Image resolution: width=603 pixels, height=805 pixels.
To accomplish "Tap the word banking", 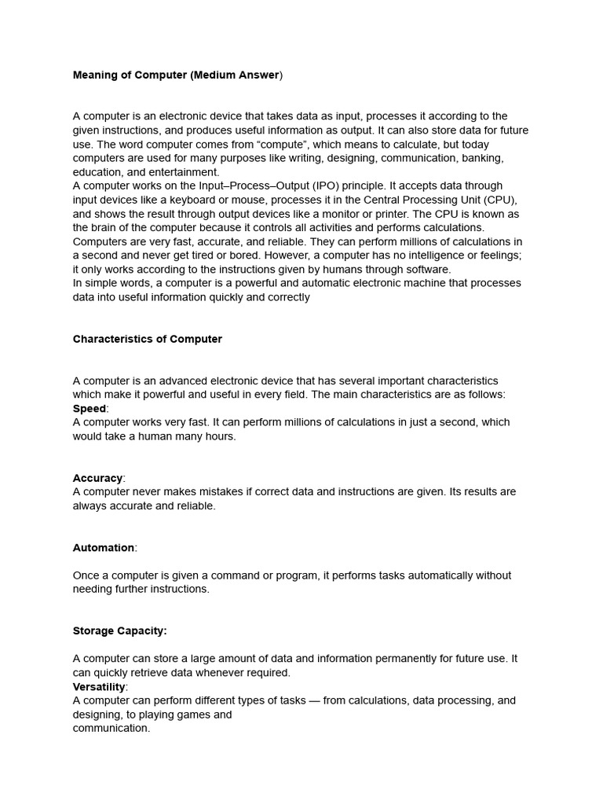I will tap(481, 158).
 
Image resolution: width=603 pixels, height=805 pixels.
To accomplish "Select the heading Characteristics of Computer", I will tap(148, 339).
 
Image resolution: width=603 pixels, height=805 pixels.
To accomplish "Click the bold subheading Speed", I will tap(90, 409).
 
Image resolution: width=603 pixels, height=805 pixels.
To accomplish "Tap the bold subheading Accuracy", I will tap(98, 478).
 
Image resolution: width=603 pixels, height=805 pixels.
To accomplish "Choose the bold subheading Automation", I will tap(104, 547).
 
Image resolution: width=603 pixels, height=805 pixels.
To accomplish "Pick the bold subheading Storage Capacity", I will tap(120, 630).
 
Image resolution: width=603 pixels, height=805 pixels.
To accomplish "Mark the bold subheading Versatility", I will tap(99, 686).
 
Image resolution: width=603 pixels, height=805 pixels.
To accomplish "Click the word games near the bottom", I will tap(194, 715).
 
